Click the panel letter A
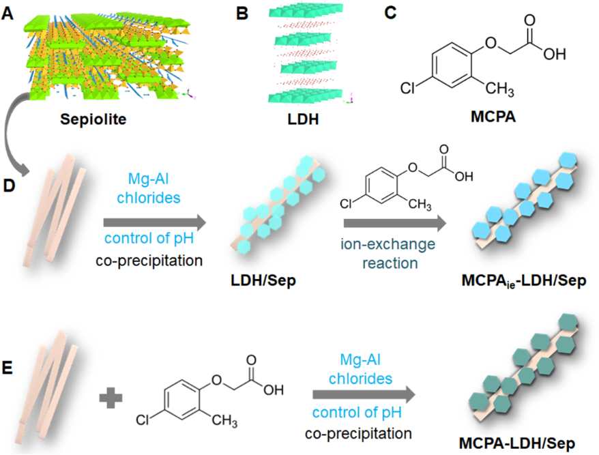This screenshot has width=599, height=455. point(8,14)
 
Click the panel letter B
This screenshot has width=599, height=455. point(242,14)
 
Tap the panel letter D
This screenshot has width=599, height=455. point(9,186)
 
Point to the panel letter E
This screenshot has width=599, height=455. point(8,368)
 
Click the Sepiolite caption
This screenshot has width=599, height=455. point(93,119)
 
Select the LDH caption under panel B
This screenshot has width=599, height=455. point(303,119)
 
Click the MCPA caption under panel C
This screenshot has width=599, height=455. point(493,117)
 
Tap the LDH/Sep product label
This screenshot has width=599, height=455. point(263,281)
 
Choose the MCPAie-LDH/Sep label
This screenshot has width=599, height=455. point(524,281)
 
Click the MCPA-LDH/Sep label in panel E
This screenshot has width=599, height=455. point(517,443)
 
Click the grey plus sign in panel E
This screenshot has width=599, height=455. point(111,397)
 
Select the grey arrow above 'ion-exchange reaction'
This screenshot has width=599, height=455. point(395,224)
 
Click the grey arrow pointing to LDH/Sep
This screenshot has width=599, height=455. point(155,222)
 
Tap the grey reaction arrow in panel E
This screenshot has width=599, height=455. point(364,395)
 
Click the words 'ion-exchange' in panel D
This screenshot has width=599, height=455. point(388,244)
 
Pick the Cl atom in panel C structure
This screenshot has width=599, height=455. point(407,88)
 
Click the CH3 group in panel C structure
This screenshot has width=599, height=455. point(499,89)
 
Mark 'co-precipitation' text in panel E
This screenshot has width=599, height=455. point(358,434)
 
